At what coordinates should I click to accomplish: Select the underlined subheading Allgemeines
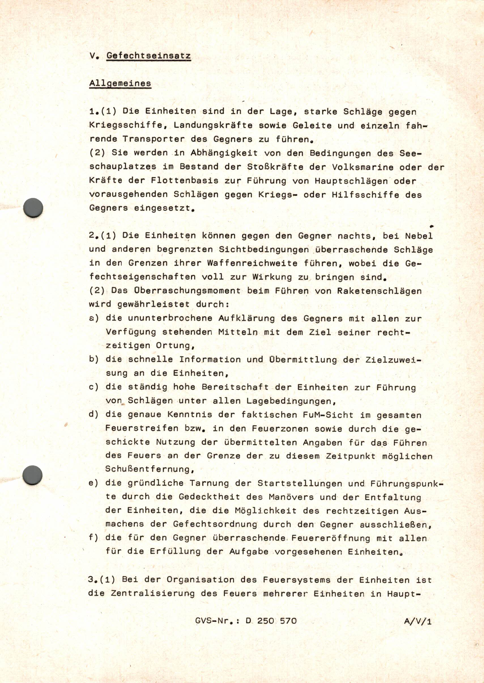[x=120, y=83]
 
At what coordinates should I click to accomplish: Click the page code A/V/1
[x=418, y=621]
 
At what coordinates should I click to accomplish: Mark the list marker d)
[x=94, y=415]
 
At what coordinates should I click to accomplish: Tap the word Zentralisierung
[x=153, y=594]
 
